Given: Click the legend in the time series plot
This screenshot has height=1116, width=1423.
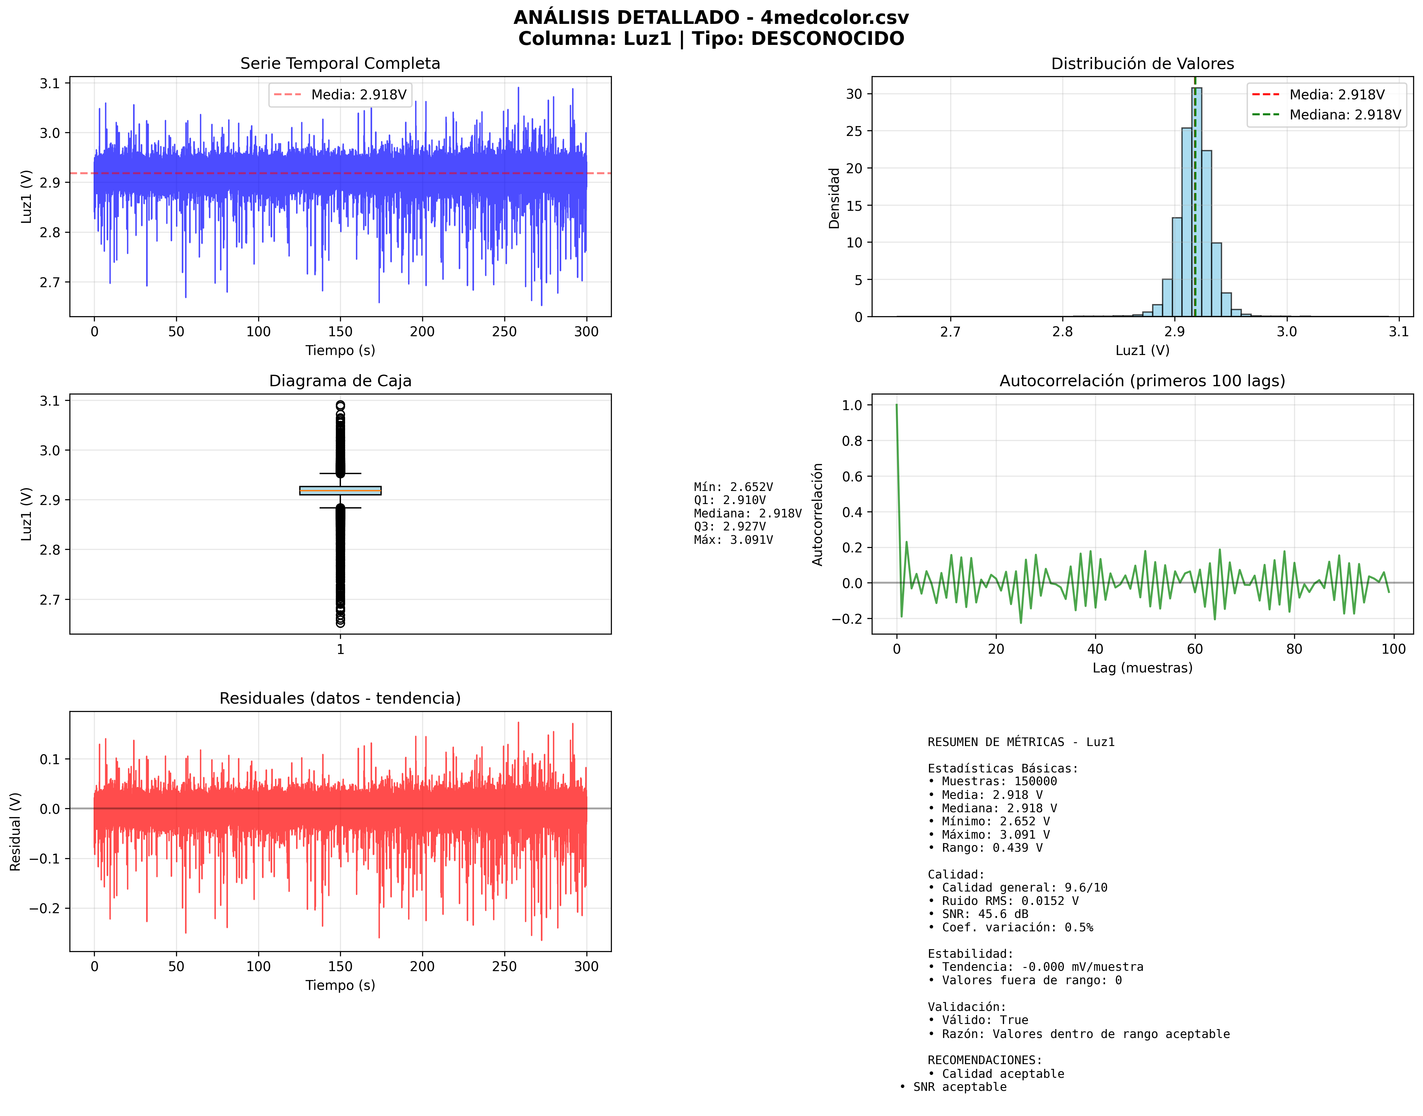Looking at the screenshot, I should (x=340, y=95).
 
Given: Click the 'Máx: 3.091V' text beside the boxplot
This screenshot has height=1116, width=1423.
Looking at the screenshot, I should (x=733, y=540).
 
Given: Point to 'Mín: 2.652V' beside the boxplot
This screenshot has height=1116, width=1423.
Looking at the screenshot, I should (x=733, y=487).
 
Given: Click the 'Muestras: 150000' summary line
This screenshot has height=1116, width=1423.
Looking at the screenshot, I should (x=998, y=781).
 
